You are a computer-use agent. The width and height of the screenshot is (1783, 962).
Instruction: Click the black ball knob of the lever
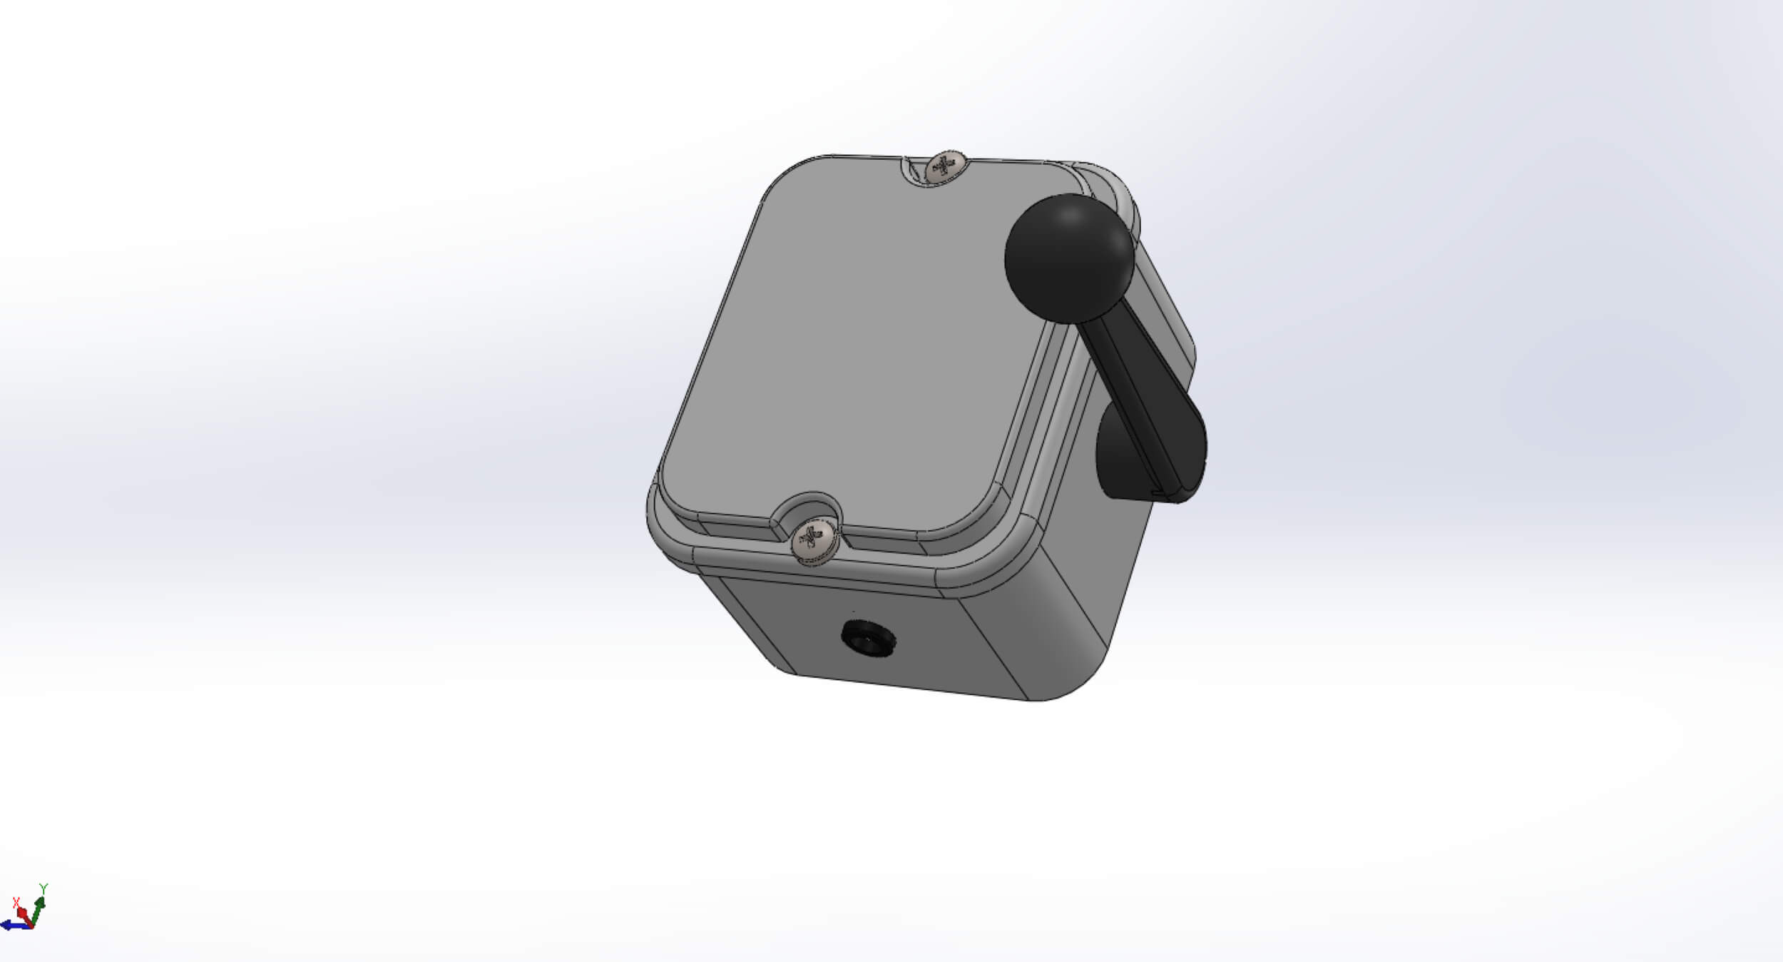click(x=1068, y=258)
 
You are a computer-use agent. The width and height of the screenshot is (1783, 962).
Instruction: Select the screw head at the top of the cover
click(x=945, y=168)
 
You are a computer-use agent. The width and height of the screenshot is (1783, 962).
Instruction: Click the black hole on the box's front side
click(x=867, y=637)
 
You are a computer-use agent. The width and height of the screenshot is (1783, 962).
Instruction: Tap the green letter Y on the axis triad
click(x=44, y=888)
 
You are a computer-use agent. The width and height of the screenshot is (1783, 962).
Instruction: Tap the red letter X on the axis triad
click(x=16, y=903)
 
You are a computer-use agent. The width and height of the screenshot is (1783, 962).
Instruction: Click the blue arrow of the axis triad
click(x=11, y=926)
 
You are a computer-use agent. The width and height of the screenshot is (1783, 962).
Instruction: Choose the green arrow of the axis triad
click(x=37, y=910)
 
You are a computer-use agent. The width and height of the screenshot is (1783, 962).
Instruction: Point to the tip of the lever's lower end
click(x=1177, y=496)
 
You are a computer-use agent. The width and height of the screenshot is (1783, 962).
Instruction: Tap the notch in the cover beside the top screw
click(x=913, y=171)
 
